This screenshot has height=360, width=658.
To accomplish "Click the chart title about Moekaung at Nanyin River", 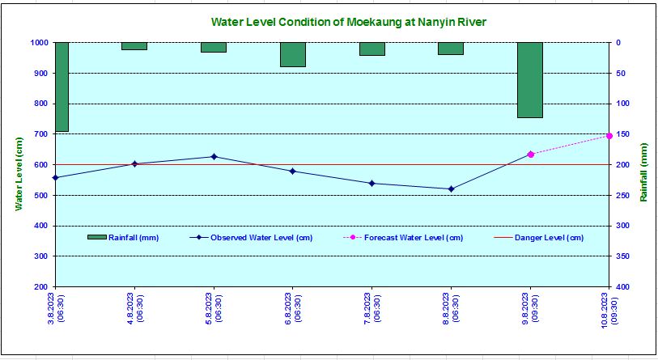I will coord(348,22).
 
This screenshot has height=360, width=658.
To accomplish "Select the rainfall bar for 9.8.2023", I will coord(530,80).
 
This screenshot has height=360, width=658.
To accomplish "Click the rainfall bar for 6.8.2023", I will coord(292,54).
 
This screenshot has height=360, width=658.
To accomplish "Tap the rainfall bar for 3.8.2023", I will coord(62,87).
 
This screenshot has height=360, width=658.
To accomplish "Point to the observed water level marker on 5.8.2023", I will coord(214,156).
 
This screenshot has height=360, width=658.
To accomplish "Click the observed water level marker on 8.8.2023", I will coord(451,188).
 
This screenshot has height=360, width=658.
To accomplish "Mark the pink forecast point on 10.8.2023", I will coord(609,136).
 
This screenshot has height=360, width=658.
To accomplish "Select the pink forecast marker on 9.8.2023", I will coord(530,154).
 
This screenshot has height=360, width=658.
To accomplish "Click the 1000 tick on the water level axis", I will coord(40,43).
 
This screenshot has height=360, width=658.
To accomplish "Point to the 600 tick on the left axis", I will coord(40,165).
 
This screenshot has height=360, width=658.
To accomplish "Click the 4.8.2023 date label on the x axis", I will coord(134,309).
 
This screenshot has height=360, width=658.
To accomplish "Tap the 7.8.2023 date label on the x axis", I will coord(371,309).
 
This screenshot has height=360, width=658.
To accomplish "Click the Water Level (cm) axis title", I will coord(19,174).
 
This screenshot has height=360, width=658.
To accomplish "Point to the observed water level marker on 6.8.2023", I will coord(292,171).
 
